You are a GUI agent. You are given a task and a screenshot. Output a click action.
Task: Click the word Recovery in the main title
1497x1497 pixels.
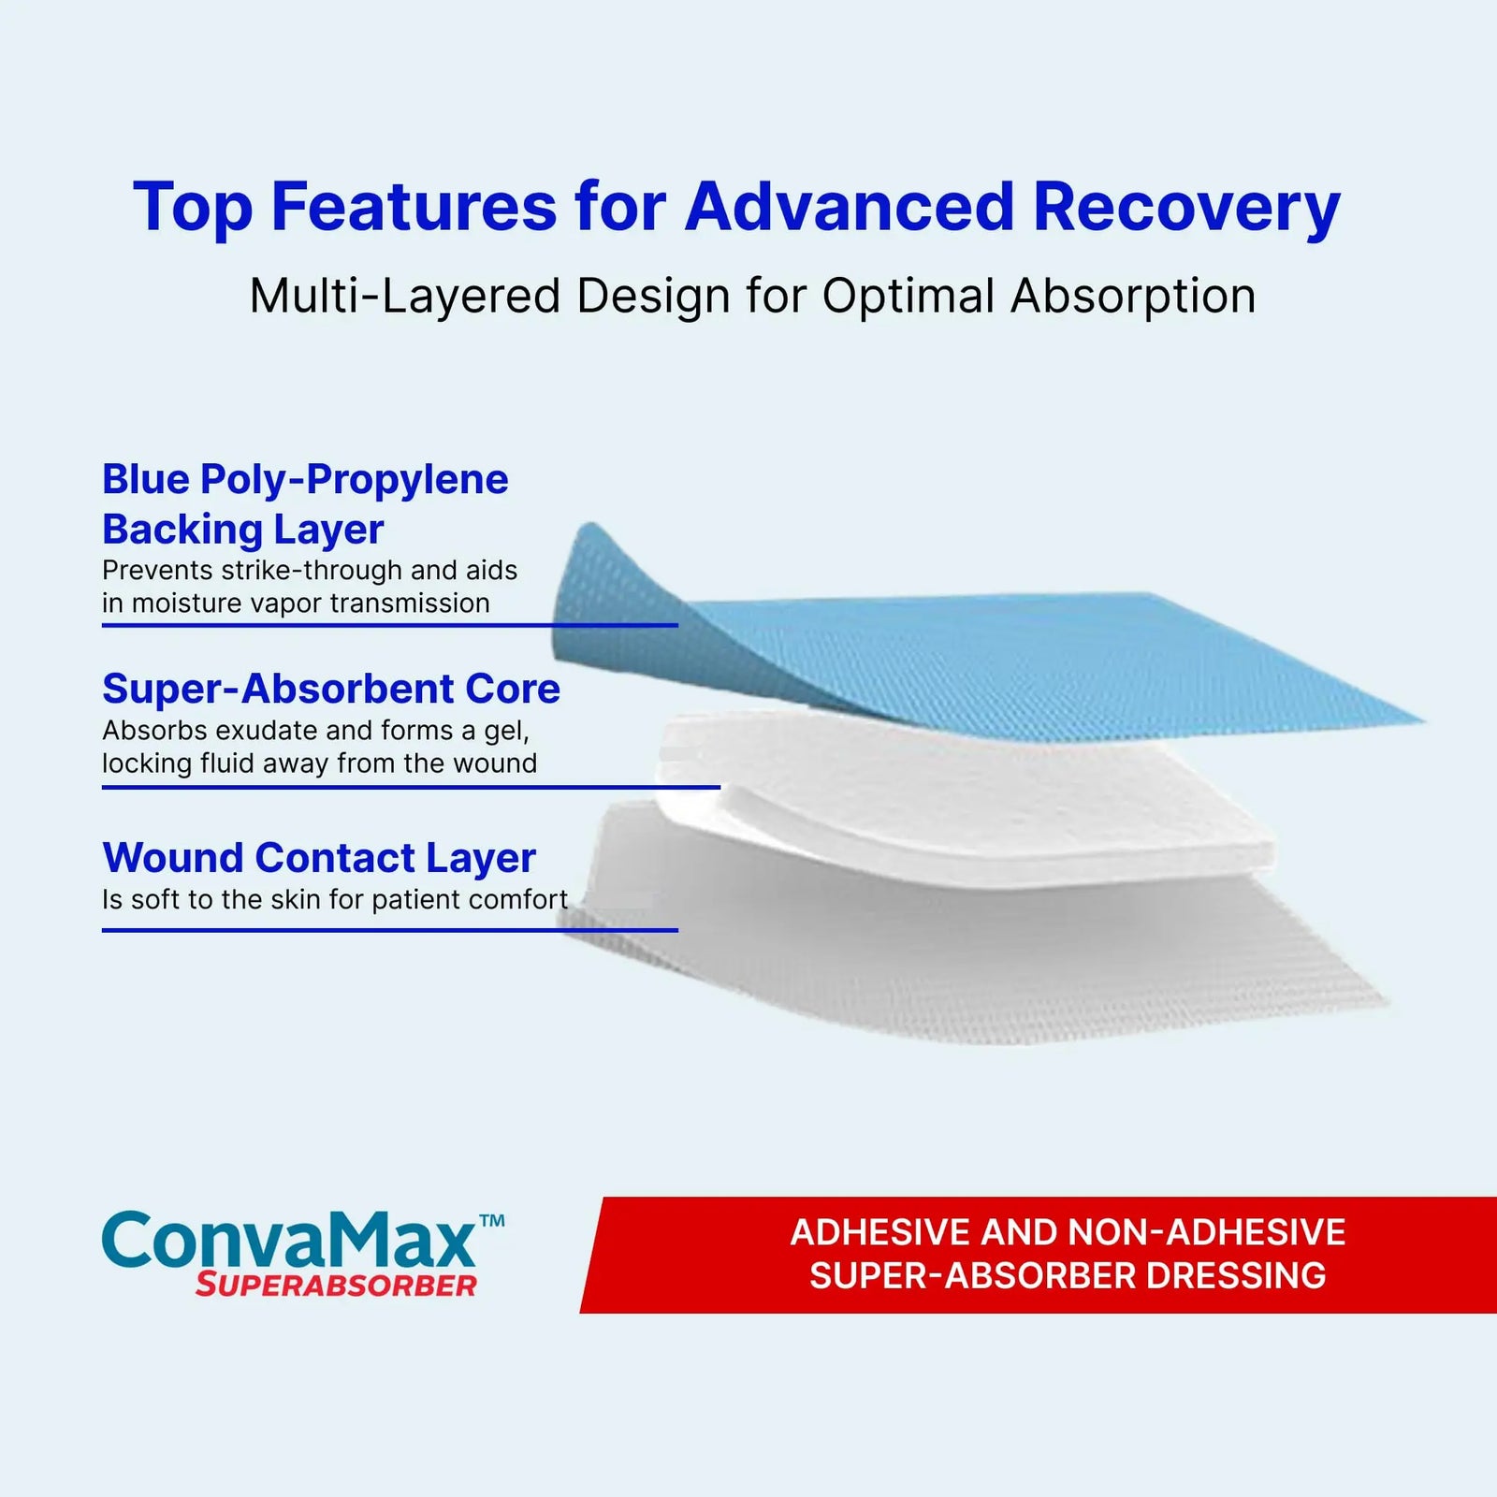click(x=1186, y=209)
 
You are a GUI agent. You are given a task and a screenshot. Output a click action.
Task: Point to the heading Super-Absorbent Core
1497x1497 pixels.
click(x=331, y=690)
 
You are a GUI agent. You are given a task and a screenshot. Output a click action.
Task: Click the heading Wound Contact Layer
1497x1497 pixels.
click(x=319, y=858)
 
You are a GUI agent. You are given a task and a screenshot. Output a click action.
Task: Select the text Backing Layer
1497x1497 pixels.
click(x=243, y=530)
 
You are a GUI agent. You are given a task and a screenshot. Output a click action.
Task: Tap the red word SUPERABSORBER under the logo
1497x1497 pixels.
click(x=337, y=1286)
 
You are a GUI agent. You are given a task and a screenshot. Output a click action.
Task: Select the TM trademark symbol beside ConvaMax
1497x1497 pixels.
click(x=492, y=1220)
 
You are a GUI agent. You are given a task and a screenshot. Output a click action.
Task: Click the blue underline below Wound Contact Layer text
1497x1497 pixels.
click(x=390, y=930)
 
